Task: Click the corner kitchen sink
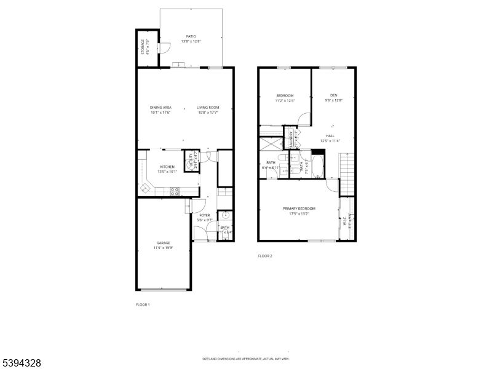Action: (146, 187)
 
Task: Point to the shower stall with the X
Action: (271, 145)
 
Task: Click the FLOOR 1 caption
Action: (143, 304)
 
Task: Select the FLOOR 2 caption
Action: (264, 256)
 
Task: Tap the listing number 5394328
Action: (21, 363)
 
